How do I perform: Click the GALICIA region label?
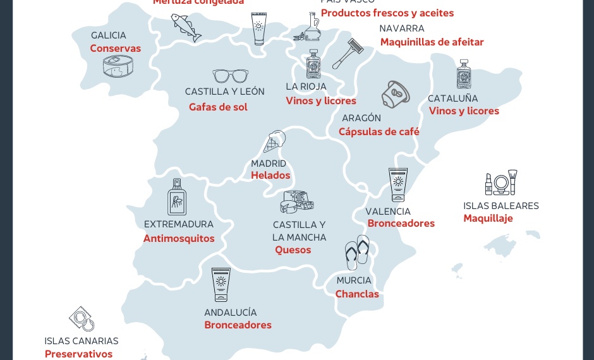pyautogui.click(x=108, y=35)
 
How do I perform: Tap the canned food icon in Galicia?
pyautogui.click(x=118, y=66)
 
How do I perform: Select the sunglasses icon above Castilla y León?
pyautogui.click(x=230, y=76)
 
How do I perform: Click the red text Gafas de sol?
pyautogui.click(x=218, y=107)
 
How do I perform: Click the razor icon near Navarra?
pyautogui.click(x=347, y=53)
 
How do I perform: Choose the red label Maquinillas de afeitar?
pyautogui.click(x=432, y=42)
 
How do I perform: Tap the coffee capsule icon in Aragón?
pyautogui.click(x=396, y=94)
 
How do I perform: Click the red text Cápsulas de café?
pyautogui.click(x=379, y=132)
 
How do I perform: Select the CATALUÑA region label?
pyautogui.click(x=452, y=99)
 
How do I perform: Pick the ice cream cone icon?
pyautogui.click(x=274, y=141)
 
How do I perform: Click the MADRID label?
pyautogui.click(x=269, y=164)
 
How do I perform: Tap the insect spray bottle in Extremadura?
pyautogui.click(x=177, y=197)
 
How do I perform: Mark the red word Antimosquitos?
pyautogui.click(x=179, y=239)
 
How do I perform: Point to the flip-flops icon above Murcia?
pyautogui.click(x=357, y=252)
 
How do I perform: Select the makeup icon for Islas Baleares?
pyautogui.click(x=501, y=183)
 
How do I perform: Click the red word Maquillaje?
pyautogui.click(x=488, y=219)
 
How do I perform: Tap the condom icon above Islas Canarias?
pyautogui.click(x=82, y=319)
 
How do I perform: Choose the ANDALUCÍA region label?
pyautogui.click(x=230, y=313)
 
